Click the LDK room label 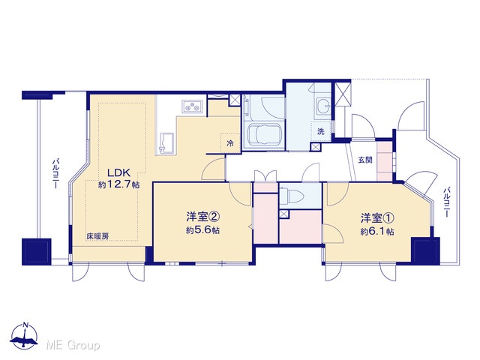pos(118,173)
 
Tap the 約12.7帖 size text pos(118,184)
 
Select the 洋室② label pos(203,217)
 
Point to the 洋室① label pos(377,218)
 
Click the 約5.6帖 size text pos(203,230)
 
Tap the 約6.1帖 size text pos(377,232)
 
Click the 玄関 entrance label pos(365,160)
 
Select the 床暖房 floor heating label pos(97,236)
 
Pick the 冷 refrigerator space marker pos(230,143)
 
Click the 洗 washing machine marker pos(320,132)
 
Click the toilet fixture pos(291,194)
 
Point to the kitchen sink pos(167,142)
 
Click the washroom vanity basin pos(322,106)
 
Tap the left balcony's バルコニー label pos(55,173)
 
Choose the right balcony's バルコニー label pos(447,202)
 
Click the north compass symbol pos(25,335)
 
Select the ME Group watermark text pos(73,346)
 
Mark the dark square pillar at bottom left pos(37,252)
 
